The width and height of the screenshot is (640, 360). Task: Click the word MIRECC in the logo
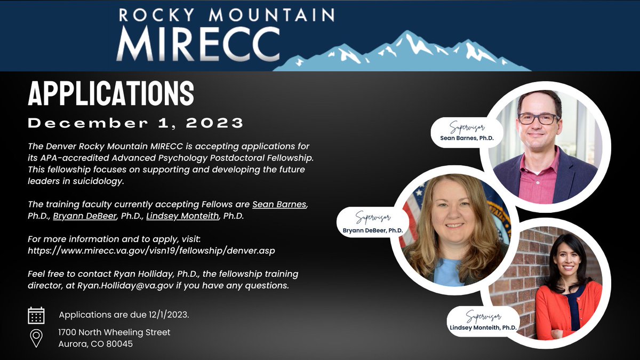[198, 44]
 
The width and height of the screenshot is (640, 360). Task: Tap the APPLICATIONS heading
[111, 94]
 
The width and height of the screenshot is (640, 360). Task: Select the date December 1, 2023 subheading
[135, 123]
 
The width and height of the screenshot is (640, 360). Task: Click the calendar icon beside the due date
[36, 315]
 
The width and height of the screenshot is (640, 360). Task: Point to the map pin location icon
[36, 338]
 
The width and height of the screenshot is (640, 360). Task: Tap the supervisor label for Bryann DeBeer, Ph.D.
[372, 224]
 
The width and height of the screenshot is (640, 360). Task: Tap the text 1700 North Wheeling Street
[114, 332]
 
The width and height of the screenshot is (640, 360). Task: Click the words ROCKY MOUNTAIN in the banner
[227, 14]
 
